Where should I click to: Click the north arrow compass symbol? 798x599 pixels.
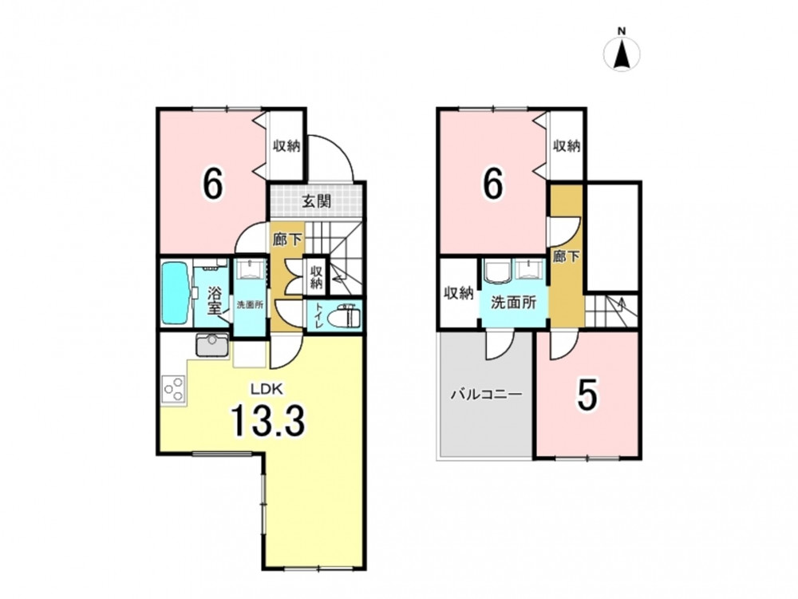pyautogui.click(x=622, y=51)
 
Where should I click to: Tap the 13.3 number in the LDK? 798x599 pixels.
pyautogui.click(x=268, y=421)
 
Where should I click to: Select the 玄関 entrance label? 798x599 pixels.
pyautogui.click(x=317, y=202)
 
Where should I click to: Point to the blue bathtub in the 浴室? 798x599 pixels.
pyautogui.click(x=174, y=293)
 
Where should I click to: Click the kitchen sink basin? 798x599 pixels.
pyautogui.click(x=212, y=346)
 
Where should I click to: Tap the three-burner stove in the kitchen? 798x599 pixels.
pyautogui.click(x=173, y=389)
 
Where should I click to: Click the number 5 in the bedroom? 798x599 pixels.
pyautogui.click(x=587, y=395)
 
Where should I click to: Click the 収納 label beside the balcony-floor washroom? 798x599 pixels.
pyautogui.click(x=459, y=293)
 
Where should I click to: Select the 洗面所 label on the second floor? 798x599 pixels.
pyautogui.click(x=513, y=303)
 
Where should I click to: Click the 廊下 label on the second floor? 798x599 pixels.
pyautogui.click(x=567, y=256)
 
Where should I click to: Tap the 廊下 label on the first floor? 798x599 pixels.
pyautogui.click(x=287, y=240)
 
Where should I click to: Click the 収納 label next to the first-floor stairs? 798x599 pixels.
pyautogui.click(x=317, y=277)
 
